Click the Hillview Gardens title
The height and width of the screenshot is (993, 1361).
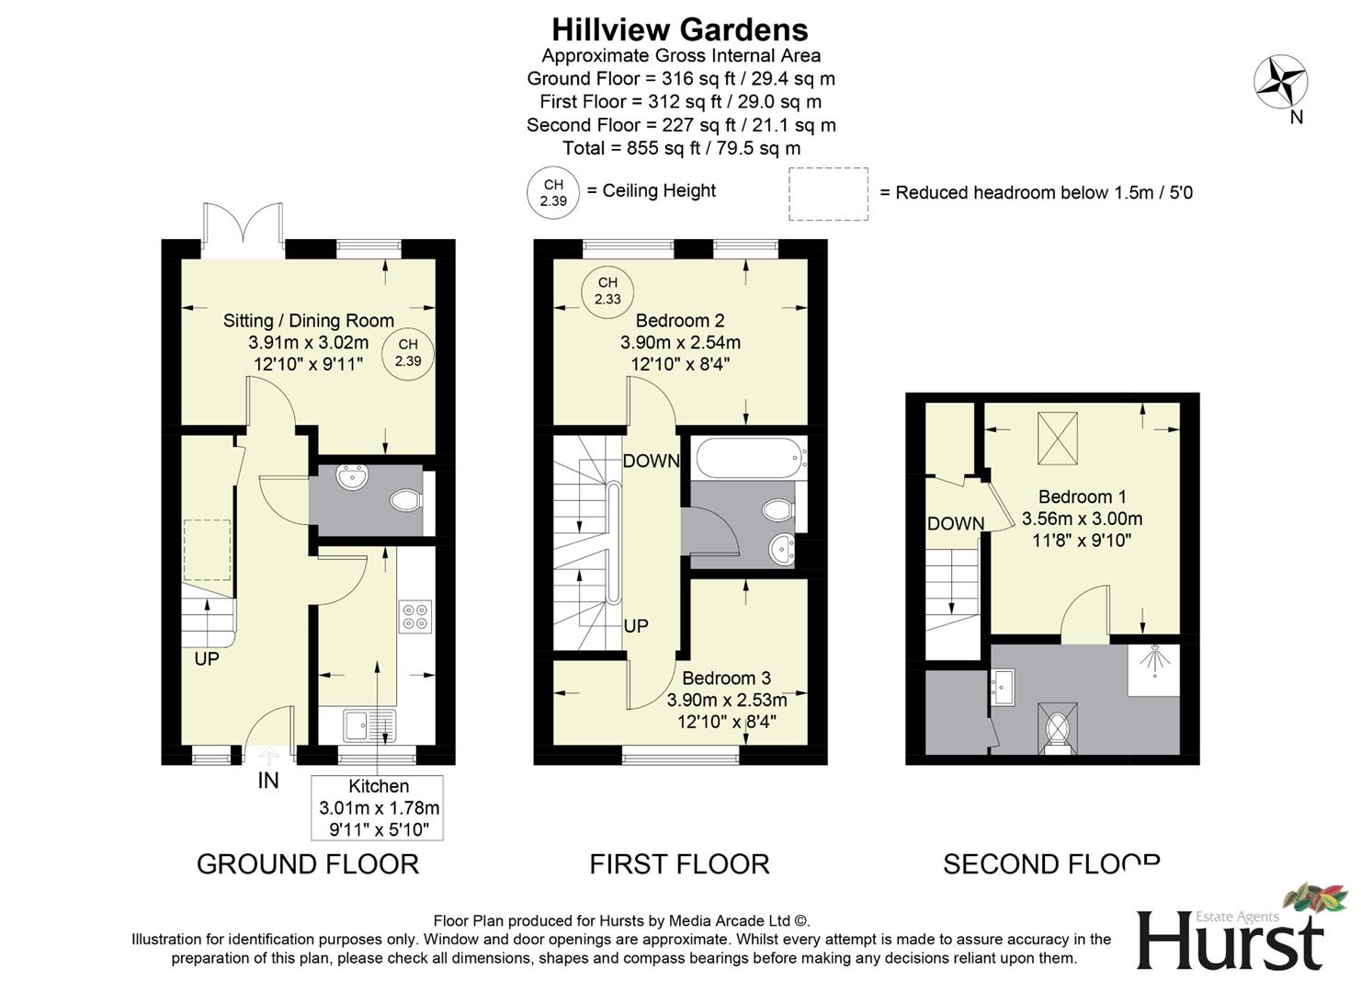pos(679,29)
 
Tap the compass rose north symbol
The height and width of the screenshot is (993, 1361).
pos(1280,82)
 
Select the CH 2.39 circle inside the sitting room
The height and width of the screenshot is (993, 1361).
pos(408,353)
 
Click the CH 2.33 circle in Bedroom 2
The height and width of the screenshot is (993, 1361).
pos(607,291)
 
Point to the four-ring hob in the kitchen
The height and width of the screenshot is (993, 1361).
pos(415,616)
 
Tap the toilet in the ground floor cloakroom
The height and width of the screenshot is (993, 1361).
pos(404,501)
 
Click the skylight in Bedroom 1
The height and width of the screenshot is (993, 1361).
pos(1057,439)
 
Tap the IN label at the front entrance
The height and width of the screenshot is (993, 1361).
pos(267,781)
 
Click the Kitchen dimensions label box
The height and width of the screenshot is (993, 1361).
pos(378,808)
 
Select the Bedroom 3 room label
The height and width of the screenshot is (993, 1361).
pos(726,678)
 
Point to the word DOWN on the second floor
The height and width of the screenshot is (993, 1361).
pos(955,523)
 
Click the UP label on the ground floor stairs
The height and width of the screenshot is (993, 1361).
pos(207,659)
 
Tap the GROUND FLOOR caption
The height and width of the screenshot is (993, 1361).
pos(308,864)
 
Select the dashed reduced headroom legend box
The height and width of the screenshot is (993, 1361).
pos(828,194)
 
